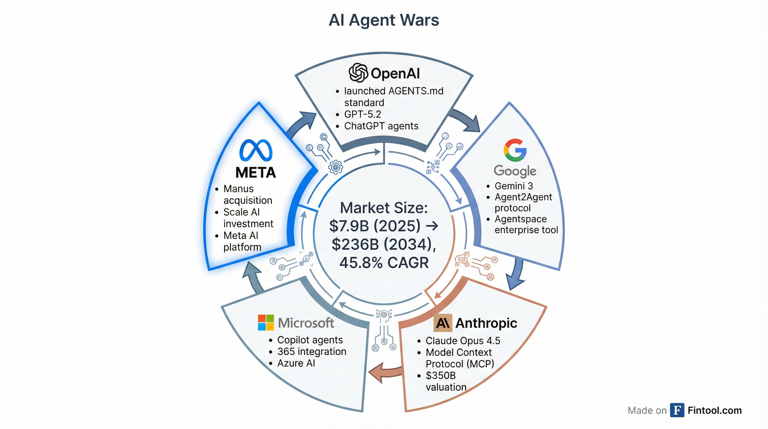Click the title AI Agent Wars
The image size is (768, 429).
(384, 20)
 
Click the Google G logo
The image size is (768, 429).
(515, 150)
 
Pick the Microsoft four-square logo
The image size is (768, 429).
(266, 323)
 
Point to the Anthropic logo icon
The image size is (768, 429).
(443, 323)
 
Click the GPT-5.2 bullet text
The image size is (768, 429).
(363, 114)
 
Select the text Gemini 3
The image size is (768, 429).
(514, 186)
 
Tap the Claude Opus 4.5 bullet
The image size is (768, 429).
(463, 341)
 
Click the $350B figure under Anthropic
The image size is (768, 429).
(441, 376)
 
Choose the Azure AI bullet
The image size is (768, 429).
(296, 363)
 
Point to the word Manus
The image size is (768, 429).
(239, 189)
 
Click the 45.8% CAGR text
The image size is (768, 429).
(384, 263)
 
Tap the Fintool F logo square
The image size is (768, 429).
(677, 410)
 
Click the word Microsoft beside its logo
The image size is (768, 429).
(306, 323)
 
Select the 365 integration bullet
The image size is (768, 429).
(312, 352)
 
